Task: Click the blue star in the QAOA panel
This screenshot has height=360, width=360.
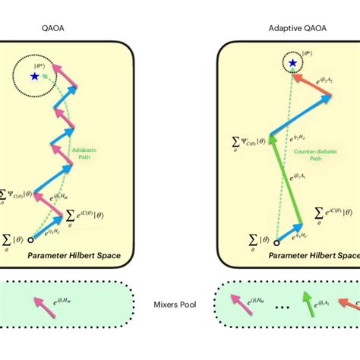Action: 34,76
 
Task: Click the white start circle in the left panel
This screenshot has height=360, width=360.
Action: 30,240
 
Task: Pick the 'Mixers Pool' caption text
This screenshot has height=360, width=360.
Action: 179,311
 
